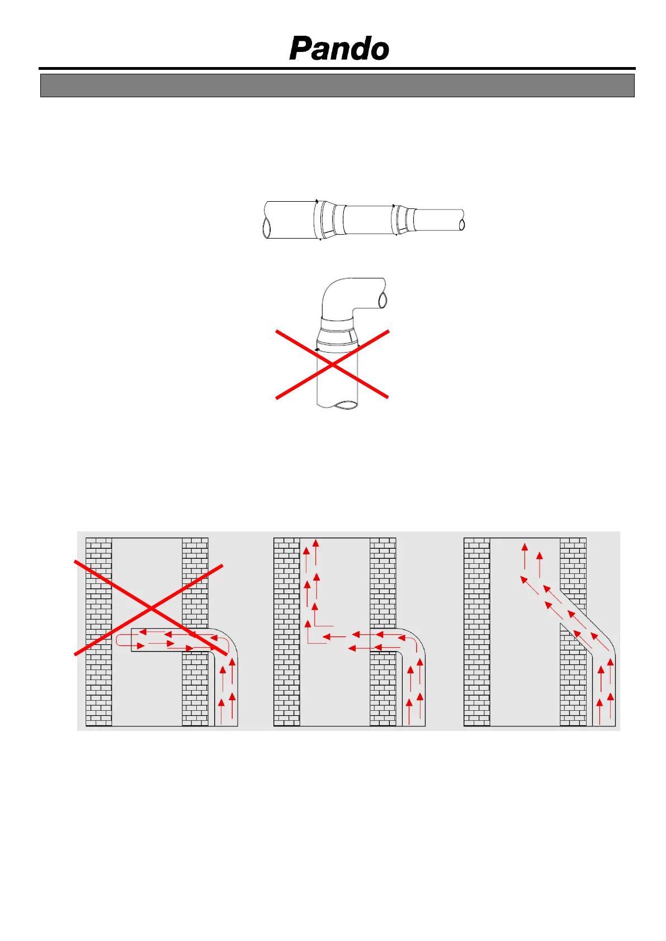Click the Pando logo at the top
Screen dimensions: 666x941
tap(339, 48)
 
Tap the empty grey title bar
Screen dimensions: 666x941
tap(337, 85)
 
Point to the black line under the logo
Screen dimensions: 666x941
tap(337, 69)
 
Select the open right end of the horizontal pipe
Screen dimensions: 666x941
tap(462, 225)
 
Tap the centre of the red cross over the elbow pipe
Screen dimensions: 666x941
tap(333, 364)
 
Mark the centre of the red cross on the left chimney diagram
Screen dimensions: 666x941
tap(150, 609)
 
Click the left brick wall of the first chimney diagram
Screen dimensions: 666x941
tap(99, 632)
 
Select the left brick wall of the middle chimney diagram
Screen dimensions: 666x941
tap(287, 632)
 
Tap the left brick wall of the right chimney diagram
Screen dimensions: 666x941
tap(477, 632)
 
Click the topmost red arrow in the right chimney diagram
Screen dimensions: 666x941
tap(525, 556)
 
